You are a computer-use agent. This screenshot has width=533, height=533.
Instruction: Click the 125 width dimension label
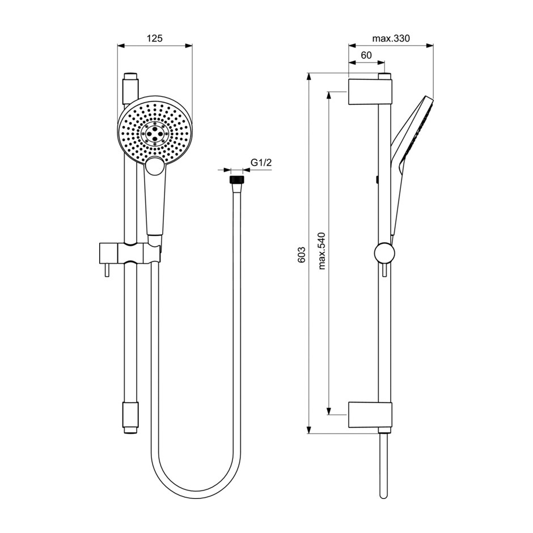pyautogui.click(x=155, y=38)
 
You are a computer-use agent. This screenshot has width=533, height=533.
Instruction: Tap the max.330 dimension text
pyautogui.click(x=391, y=38)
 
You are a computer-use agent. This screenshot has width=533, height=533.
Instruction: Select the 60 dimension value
pyautogui.click(x=366, y=55)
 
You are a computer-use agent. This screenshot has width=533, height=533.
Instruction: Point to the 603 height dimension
pyautogui.click(x=302, y=254)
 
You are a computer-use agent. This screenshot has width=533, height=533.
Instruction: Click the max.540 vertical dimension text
pyautogui.click(x=322, y=251)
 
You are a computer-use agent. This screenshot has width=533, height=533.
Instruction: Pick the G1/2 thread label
pyautogui.click(x=261, y=163)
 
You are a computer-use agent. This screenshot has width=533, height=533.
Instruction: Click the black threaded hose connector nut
pyautogui.click(x=237, y=180)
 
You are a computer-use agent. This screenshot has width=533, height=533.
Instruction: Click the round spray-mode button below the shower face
pyautogui.click(x=155, y=166)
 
